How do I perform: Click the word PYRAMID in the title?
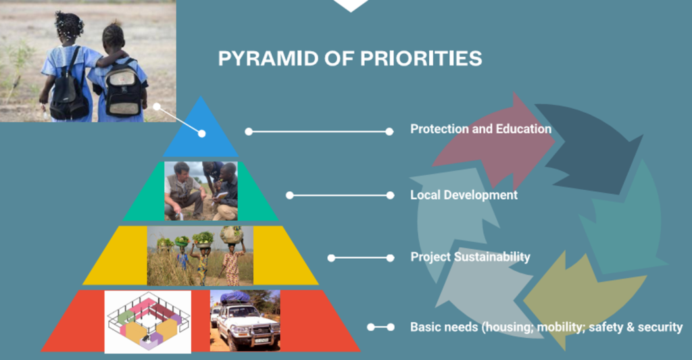(268, 58)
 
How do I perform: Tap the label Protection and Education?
(480, 129)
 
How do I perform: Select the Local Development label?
(464, 195)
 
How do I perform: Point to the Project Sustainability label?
(470, 257)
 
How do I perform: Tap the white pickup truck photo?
(245, 321)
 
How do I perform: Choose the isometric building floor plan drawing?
(148, 322)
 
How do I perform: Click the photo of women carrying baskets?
(200, 256)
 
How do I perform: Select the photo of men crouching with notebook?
(201, 191)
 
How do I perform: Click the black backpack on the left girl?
(68, 91)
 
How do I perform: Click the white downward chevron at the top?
(351, 5)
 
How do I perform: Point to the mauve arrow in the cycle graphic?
(497, 141)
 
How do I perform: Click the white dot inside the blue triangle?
(201, 134)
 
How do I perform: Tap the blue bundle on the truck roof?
(235, 297)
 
